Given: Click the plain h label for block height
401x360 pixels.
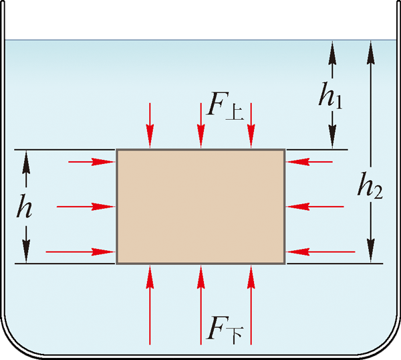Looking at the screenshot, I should (25, 207).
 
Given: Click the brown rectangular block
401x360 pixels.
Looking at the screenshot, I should (200, 206).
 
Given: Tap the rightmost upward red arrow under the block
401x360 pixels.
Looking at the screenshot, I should (251, 304).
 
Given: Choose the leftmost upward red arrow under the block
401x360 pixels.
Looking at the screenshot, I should (151, 304).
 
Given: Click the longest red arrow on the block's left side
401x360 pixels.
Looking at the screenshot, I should (81, 252).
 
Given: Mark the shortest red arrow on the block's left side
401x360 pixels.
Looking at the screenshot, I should (91, 161).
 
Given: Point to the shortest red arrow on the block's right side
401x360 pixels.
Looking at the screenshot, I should (309, 161).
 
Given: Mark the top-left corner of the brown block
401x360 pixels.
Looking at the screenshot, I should (118, 150).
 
